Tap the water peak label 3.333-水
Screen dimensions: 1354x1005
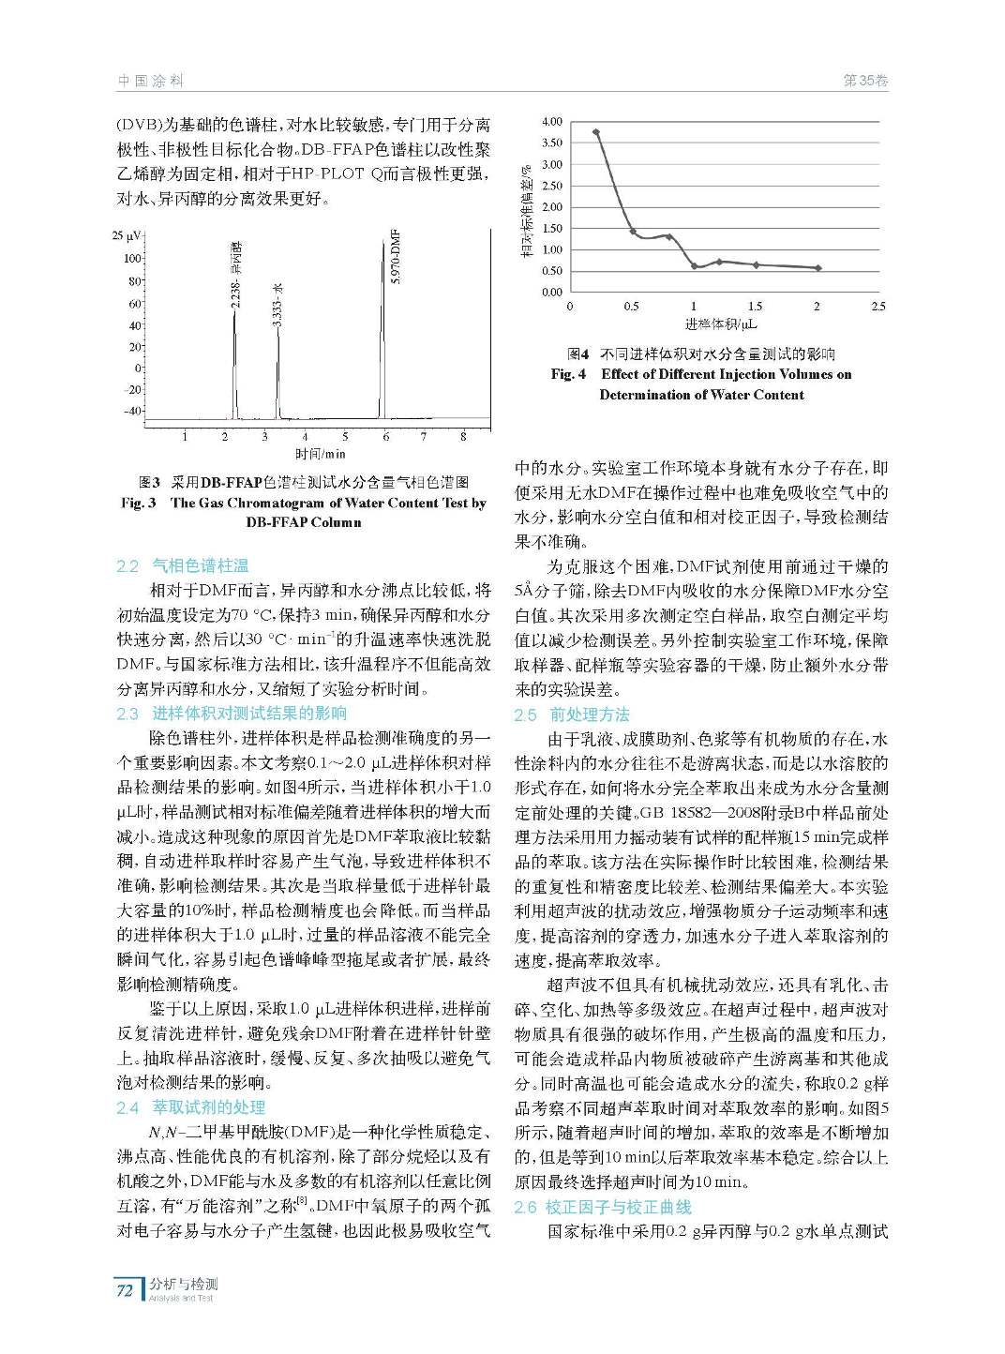pyautogui.click(x=277, y=306)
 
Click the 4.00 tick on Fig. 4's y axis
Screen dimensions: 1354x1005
pyautogui.click(x=552, y=122)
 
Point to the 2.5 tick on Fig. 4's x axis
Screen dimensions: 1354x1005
pyautogui.click(x=877, y=307)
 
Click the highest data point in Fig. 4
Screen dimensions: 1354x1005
pyautogui.click(x=596, y=132)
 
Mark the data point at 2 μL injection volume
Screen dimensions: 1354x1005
pyautogui.click(x=817, y=268)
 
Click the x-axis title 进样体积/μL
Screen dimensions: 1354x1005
pyautogui.click(x=720, y=324)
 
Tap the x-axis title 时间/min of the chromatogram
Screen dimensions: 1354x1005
pyautogui.click(x=320, y=455)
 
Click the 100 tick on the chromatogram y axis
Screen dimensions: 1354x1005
pyautogui.click(x=132, y=259)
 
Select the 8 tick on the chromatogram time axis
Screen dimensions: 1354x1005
pyautogui.click(x=463, y=436)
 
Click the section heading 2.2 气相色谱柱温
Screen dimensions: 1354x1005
pyautogui.click(x=183, y=565)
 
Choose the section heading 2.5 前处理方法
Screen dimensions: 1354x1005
pyautogui.click(x=572, y=715)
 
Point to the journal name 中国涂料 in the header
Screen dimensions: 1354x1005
pyautogui.click(x=150, y=81)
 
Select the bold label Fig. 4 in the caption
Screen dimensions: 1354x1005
pyautogui.click(x=568, y=374)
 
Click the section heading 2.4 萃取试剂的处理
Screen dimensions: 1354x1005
pyautogui.click(x=191, y=1107)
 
